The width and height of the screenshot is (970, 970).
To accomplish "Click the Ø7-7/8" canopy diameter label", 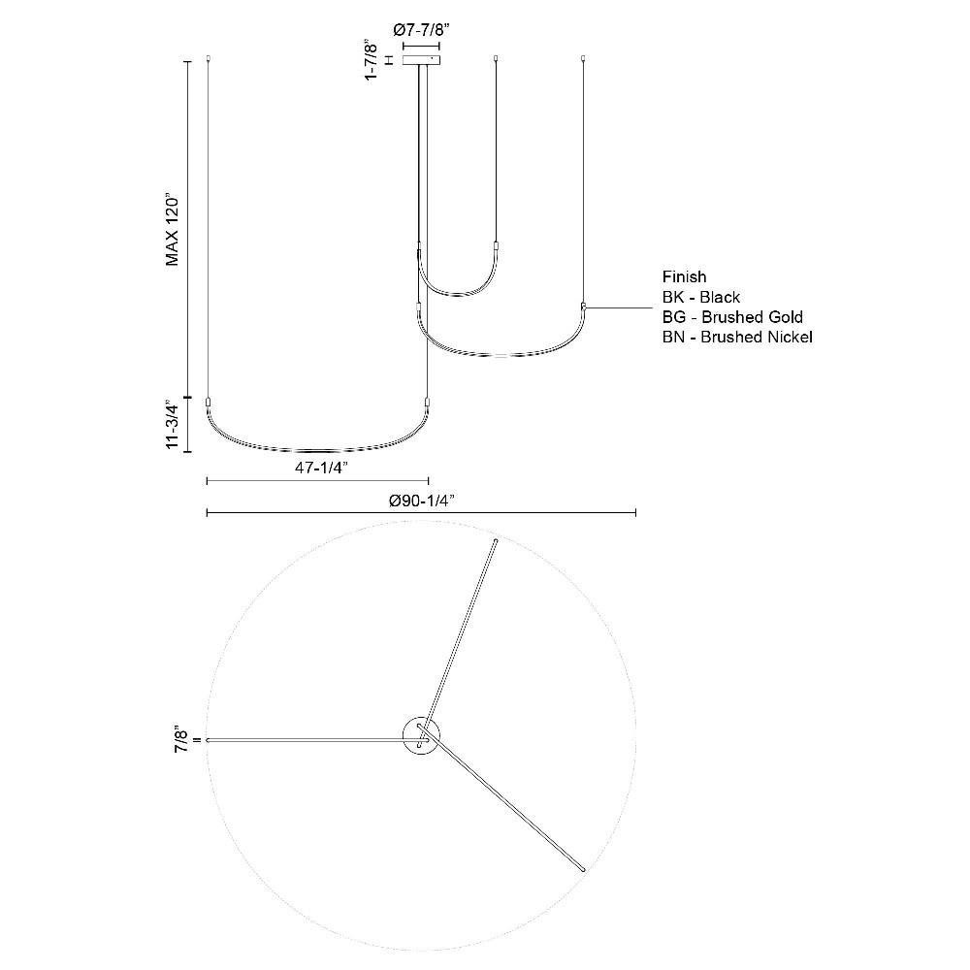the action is click(x=420, y=30).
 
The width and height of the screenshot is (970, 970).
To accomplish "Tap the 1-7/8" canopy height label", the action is click(x=372, y=60).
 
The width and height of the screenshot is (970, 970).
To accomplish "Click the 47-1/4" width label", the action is click(x=321, y=469).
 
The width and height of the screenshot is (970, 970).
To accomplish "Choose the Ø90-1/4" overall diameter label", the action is click(x=422, y=501).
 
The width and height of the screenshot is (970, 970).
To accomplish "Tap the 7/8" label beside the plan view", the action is click(x=182, y=739).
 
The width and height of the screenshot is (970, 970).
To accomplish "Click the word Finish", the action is click(x=684, y=277).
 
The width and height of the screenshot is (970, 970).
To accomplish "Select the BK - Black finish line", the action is click(x=701, y=297).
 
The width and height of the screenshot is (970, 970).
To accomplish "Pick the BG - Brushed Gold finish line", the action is click(x=732, y=317).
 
